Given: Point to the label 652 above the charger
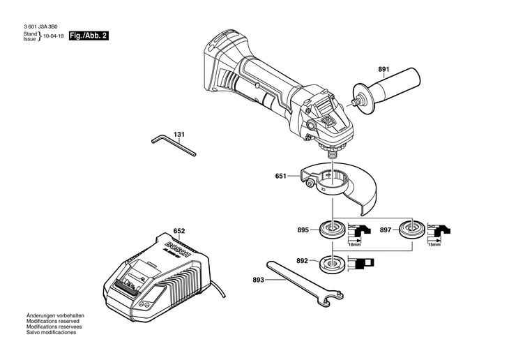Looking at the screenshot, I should (x=179, y=231).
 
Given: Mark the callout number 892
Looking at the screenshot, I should (x=301, y=262).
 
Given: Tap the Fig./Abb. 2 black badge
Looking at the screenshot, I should (x=88, y=35).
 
